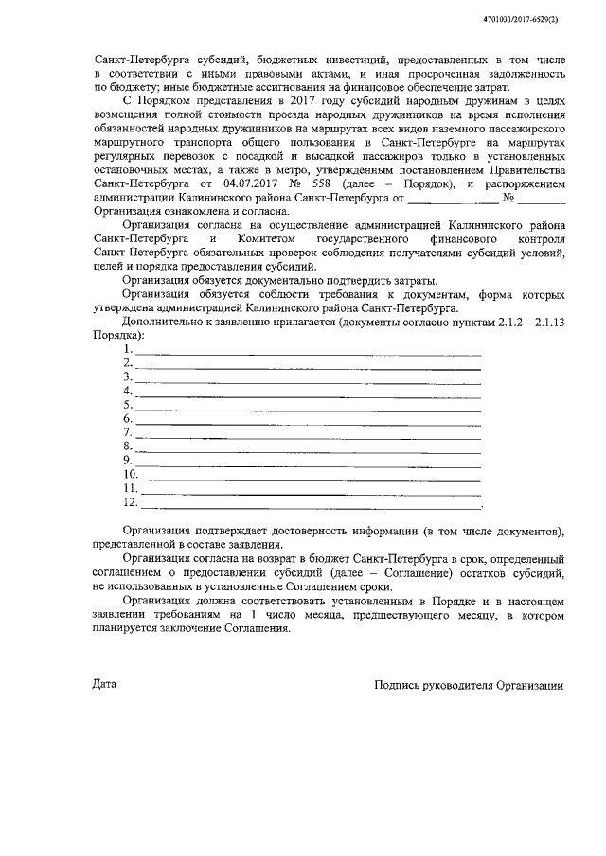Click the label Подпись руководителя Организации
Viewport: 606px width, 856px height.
[469, 684]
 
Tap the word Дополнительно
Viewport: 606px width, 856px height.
[165, 323]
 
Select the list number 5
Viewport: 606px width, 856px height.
[127, 405]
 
